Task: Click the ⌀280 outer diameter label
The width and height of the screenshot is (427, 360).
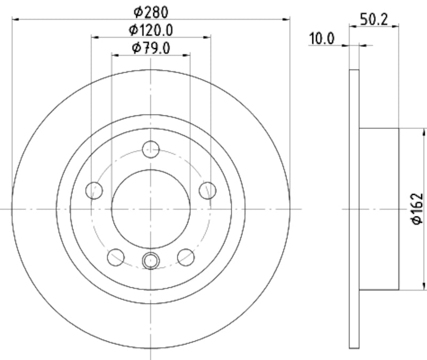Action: (151, 11)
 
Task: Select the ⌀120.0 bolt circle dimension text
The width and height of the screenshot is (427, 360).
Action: (151, 29)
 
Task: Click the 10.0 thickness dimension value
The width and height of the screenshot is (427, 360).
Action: (322, 38)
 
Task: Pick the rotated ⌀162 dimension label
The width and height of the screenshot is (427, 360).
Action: (417, 209)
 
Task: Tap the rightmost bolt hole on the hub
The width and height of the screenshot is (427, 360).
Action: (207, 190)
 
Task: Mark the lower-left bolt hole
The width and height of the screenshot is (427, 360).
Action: (116, 256)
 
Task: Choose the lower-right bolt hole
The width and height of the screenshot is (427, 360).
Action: (186, 256)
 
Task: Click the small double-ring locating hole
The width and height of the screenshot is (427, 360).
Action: (151, 261)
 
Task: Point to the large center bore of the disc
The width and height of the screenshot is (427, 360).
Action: (151, 209)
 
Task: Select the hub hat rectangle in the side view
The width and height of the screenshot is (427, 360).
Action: (379, 209)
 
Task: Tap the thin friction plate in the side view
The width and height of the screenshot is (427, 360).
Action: (354, 209)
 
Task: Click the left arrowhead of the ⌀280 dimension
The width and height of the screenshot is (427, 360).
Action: (15, 19)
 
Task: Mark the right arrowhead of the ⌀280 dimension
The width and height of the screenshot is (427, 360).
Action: (287, 19)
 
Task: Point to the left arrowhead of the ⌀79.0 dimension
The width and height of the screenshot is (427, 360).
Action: (114, 54)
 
